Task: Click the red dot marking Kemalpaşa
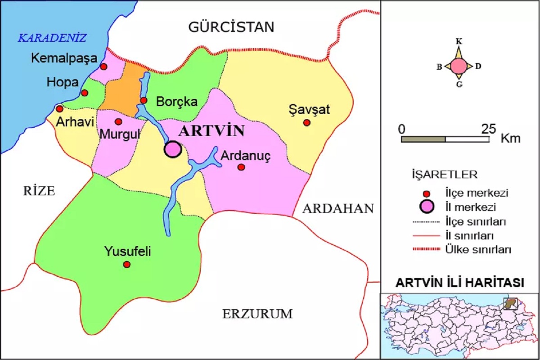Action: pos(103,67)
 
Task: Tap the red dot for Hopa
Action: pos(84,93)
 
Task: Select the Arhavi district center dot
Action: pos(59,108)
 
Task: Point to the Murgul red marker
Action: pos(118,121)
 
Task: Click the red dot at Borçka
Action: pos(144,100)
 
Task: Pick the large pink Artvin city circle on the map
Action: pos(172,149)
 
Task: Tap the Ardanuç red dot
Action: pos(241,167)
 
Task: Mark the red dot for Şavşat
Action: pos(307,122)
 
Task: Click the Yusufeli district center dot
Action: pos(127,264)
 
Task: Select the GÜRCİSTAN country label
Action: pos(231,27)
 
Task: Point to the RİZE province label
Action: pos(39,191)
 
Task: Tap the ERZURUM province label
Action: pos(257,314)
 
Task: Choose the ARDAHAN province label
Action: pos(338,208)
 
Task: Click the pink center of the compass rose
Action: pos(459,66)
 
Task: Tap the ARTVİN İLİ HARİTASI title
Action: pos(459,283)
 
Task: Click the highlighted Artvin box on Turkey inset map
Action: pos(510,303)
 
